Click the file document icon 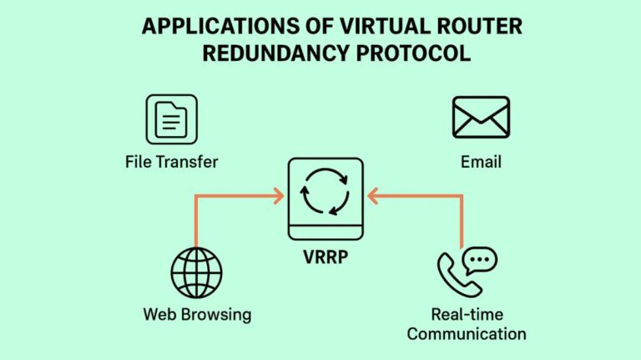coord(171,119)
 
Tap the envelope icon coord(481,118)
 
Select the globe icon coord(197,273)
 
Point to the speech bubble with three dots coord(479,261)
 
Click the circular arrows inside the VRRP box coord(326,191)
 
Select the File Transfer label coord(171,161)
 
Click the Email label coord(481,161)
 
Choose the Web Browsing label coord(197,314)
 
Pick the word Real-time coord(467,315)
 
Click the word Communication coord(467,334)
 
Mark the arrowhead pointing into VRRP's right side coord(372,196)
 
